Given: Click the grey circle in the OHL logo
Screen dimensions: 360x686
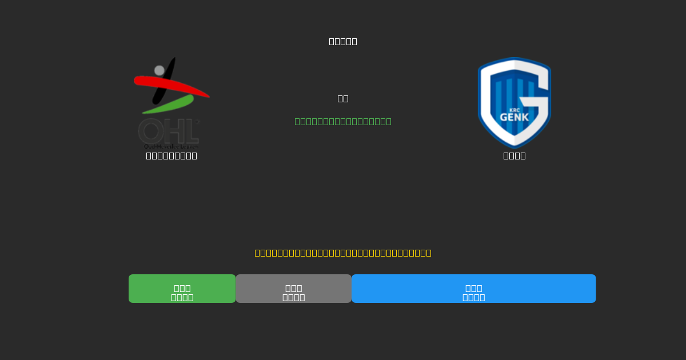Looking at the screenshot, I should pos(159,70).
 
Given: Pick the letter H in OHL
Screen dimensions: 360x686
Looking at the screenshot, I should pos(171,131).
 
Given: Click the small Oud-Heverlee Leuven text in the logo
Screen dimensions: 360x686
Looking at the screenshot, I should pos(169,146).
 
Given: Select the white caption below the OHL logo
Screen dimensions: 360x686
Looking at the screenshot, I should pos(171,155).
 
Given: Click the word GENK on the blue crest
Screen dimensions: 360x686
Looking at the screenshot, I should pos(514,117).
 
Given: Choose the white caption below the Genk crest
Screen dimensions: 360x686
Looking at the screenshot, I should pos(514,155).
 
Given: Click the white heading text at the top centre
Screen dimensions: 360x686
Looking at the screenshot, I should pos(343,41).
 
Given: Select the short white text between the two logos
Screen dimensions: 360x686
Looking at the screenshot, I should pos(343,98).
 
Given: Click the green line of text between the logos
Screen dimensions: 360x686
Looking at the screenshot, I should pos(343,121).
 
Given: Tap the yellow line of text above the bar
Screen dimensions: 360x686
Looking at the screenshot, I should pos(343,253).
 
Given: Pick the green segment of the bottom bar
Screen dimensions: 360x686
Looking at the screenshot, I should pos(182,289).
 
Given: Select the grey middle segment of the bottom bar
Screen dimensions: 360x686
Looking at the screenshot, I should pos(293,289).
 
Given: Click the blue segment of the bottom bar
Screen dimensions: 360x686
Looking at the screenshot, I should pos(473,289).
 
